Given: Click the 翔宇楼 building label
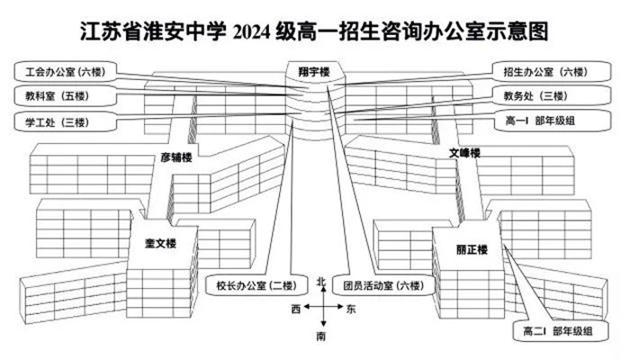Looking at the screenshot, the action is [x=314, y=72].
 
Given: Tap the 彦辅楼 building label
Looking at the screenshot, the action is [x=176, y=157].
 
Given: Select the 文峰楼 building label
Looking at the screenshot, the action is [x=464, y=152].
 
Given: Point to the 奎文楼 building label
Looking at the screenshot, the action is [x=160, y=243].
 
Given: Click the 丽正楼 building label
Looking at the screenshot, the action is [x=472, y=249].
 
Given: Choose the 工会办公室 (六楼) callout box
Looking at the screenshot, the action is [x=66, y=72].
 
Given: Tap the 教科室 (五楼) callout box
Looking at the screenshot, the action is [x=66, y=95].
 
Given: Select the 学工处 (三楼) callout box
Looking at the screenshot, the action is [x=66, y=122].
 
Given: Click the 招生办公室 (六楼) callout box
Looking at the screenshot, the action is [x=552, y=72].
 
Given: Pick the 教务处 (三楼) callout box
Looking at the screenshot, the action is [x=552, y=95].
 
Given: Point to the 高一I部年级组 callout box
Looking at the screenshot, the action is [x=552, y=121].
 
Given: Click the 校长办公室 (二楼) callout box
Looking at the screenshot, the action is [x=256, y=285].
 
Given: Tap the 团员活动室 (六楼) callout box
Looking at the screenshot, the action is [x=383, y=285].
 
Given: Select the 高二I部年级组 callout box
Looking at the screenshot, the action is [x=561, y=330].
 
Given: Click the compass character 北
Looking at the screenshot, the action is [x=321, y=281].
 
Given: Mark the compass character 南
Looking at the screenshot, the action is [x=321, y=337].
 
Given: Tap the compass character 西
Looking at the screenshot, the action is [x=296, y=309].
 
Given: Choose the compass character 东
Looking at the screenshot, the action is [x=351, y=309].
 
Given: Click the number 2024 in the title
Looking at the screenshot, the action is [x=252, y=31].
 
